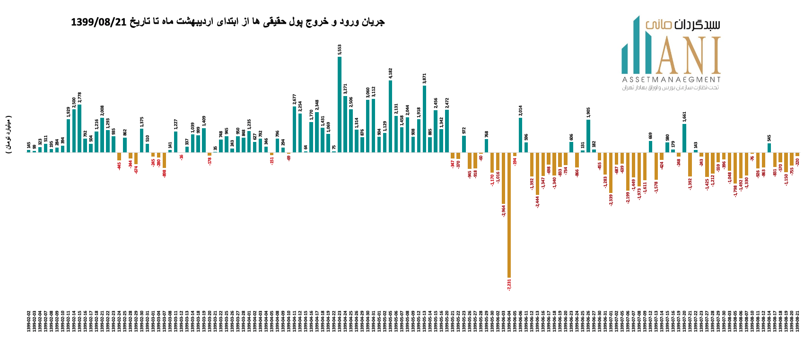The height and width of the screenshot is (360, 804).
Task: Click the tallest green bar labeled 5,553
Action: [340, 104]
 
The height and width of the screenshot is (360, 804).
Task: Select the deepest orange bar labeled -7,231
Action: [509, 215]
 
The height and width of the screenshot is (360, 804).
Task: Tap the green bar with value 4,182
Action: [391, 116]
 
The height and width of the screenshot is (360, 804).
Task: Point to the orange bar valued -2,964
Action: [504, 178]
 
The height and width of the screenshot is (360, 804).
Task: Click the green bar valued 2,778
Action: [79, 128]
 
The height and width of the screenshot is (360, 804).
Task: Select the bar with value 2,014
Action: [521, 135]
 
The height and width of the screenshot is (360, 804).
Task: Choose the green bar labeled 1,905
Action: [588, 136]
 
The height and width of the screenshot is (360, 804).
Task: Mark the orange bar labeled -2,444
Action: [538, 174]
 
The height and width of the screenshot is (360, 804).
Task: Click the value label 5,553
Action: [340, 50]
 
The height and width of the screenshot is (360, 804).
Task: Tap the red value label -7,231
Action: [509, 284]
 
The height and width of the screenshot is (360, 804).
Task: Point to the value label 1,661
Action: [684, 117]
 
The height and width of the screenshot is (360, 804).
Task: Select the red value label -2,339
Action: [611, 200]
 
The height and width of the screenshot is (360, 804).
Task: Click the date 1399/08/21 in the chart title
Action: [99, 22]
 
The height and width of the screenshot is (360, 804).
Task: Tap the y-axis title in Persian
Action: [9, 135]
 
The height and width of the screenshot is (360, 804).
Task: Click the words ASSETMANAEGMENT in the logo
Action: [671, 79]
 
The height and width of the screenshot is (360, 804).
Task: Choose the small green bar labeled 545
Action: [769, 148]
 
